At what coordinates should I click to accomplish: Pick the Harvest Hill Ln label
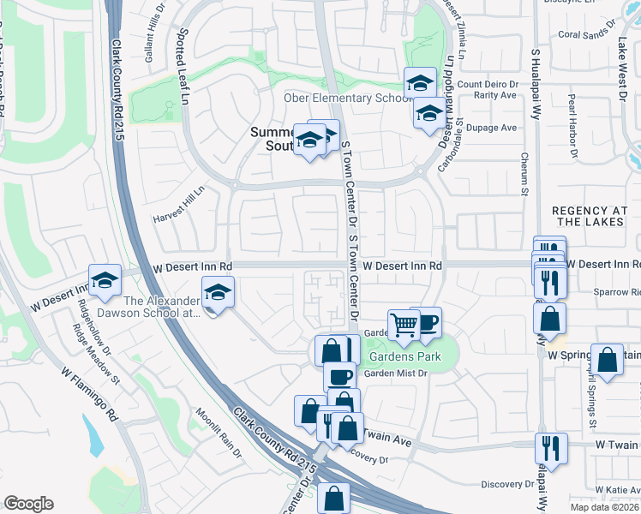click(x=179, y=204)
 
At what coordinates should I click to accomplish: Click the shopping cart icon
click(x=404, y=324)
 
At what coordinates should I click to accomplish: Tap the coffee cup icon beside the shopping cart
click(x=425, y=321)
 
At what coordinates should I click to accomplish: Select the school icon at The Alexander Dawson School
click(x=218, y=292)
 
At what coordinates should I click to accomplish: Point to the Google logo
click(x=28, y=504)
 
